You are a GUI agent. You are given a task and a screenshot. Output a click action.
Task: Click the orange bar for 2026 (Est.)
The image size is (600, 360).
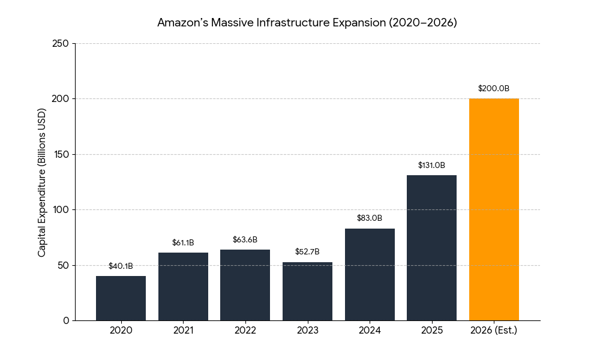click(494, 209)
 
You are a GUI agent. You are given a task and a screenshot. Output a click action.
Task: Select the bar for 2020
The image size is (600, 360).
click(121, 298)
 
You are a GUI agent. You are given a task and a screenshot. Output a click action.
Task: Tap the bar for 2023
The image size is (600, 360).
click(307, 292)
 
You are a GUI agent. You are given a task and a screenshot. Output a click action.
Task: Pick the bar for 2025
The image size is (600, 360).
click(431, 248)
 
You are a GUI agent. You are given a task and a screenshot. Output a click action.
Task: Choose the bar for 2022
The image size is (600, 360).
click(245, 285)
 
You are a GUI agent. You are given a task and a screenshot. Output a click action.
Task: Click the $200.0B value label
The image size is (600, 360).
click(494, 88)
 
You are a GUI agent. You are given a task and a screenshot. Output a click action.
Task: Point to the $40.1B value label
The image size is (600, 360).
click(121, 266)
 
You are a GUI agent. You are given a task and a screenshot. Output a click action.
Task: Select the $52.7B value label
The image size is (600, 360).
click(307, 251)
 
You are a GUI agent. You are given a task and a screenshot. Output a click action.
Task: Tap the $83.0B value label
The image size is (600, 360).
click(370, 218)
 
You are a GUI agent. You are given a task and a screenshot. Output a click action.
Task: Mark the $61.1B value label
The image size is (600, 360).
click(183, 242)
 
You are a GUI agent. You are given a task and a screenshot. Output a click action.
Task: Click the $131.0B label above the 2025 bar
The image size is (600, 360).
click(431, 165)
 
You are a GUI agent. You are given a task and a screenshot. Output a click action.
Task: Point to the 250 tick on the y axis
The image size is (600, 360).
click(61, 44)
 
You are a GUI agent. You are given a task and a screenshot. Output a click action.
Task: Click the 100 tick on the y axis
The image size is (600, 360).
click(61, 210)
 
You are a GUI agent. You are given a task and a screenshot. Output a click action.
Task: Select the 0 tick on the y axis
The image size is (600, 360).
click(66, 321)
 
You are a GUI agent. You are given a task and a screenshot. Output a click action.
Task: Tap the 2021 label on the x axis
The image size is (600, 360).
click(183, 331)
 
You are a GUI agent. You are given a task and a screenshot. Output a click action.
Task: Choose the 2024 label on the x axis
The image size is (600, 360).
click(370, 331)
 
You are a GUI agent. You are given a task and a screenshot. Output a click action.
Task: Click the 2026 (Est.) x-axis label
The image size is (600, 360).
click(494, 331)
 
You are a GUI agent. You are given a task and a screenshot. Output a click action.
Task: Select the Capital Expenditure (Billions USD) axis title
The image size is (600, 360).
click(42, 182)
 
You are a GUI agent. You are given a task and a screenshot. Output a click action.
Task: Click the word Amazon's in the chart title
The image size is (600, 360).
click(181, 23)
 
